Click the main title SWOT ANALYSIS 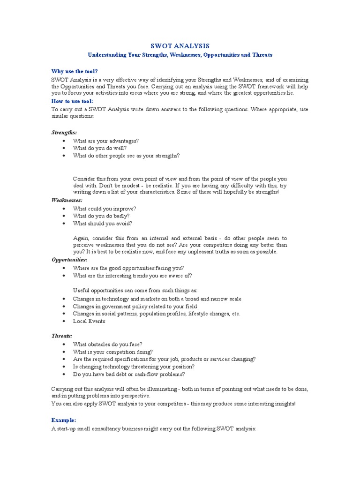(x=180, y=46)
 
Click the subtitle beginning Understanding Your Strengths (x=180, y=55)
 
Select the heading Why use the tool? (x=75, y=71)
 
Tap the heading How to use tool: (x=72, y=101)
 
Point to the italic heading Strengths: (x=64, y=133)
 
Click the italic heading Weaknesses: (x=67, y=200)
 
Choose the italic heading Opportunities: (x=69, y=259)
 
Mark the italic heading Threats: (x=62, y=336)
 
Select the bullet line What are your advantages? (x=105, y=141)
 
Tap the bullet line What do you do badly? (x=101, y=216)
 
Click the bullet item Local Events (x=89, y=321)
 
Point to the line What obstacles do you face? (x=108, y=344)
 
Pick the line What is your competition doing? (x=113, y=352)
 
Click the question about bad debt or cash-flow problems (x=129, y=374)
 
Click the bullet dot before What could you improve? (x=63, y=209)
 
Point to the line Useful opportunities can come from (x=135, y=291)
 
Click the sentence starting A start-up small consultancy (x=154, y=429)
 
